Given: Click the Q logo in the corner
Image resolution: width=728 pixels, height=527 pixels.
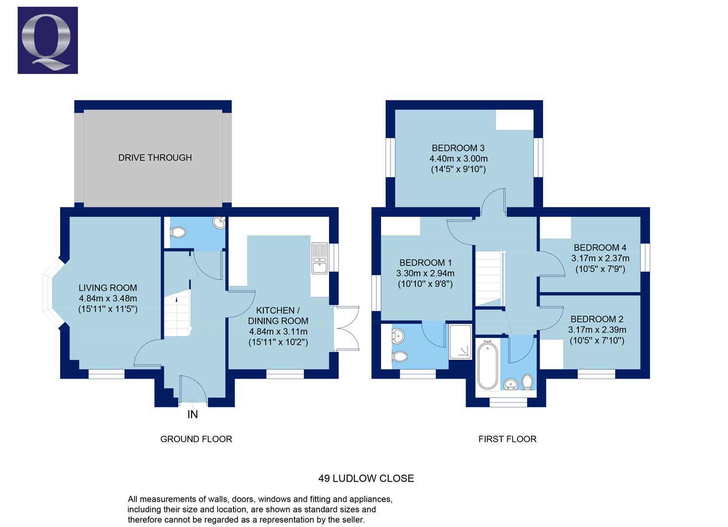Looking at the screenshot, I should click(48, 41).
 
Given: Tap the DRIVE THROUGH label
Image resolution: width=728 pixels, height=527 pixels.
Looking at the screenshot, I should click(155, 158).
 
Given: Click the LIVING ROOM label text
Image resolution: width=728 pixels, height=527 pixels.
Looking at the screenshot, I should click(108, 288).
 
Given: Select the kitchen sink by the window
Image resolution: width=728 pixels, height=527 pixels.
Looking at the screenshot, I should click(319, 258).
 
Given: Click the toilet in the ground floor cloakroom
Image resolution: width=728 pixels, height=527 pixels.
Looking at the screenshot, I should click(177, 233).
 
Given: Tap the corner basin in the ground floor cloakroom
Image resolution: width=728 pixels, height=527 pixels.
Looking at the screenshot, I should click(219, 223).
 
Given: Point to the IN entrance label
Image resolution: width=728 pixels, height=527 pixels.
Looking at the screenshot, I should click(193, 414).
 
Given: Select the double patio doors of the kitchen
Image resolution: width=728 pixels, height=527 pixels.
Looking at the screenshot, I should click(347, 328).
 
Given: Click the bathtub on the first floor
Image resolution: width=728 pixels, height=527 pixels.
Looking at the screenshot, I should click(487, 366).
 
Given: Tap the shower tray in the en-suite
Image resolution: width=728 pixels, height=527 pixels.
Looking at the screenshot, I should click(460, 342).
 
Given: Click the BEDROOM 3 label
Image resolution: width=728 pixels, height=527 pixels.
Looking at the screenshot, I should click(458, 148).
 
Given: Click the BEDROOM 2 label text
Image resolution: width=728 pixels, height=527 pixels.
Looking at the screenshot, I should click(597, 319).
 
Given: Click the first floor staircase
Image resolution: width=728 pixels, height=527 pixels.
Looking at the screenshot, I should click(488, 278).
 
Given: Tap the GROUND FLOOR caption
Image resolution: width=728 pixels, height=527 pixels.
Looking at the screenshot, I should click(196, 439).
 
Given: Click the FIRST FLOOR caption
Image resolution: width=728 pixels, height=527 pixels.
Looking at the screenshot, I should click(507, 439).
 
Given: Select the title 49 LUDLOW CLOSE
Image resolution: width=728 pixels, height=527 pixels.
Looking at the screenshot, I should click(366, 478).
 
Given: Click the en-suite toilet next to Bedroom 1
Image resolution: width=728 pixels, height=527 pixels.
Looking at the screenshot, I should click(400, 357).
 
